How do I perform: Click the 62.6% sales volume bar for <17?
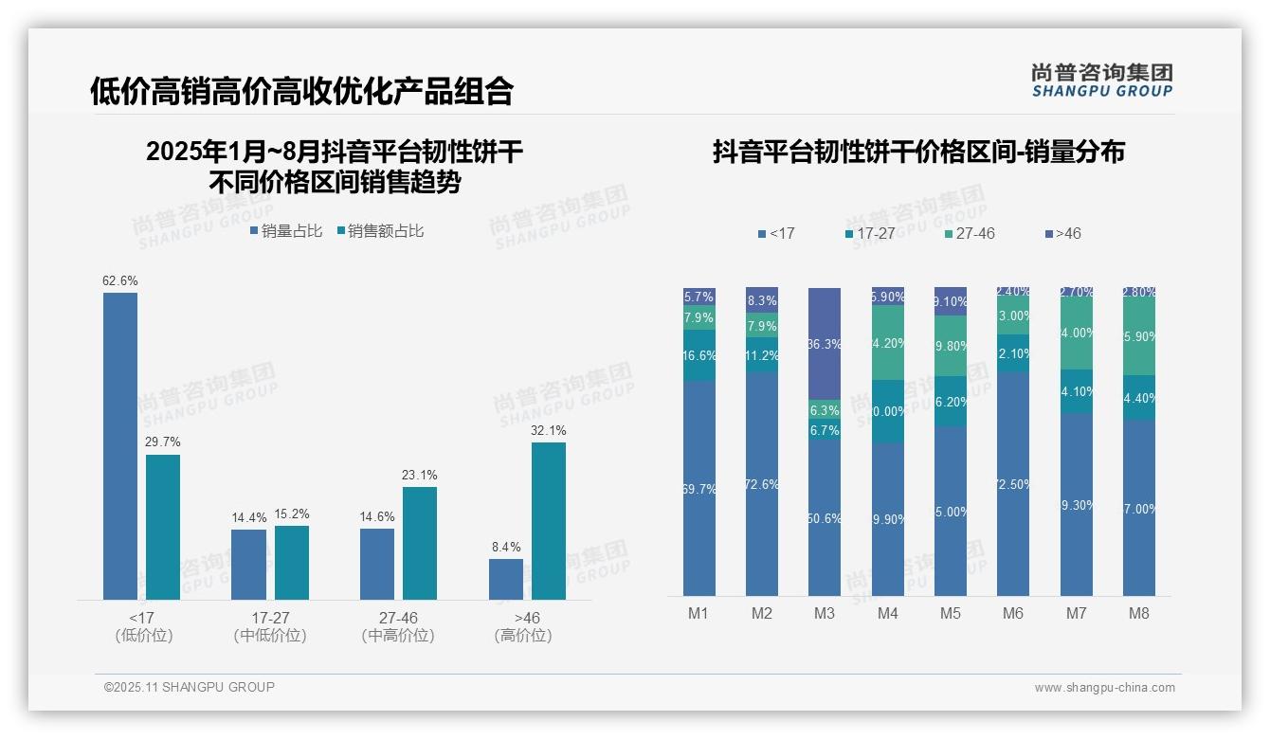click(x=120, y=445)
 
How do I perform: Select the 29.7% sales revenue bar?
click(x=163, y=527)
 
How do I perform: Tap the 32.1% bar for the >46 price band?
click(x=549, y=520)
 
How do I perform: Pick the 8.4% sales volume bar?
click(x=506, y=579)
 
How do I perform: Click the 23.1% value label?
click(x=420, y=476)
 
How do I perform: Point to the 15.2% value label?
click(x=292, y=514)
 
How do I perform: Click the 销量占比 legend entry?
click(x=286, y=231)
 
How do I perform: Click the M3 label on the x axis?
click(x=825, y=613)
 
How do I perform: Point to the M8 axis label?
click(x=1139, y=613)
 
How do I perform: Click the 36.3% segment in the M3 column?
click(x=825, y=343)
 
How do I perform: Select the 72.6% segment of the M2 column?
click(x=762, y=483)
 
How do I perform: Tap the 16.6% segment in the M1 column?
click(x=699, y=355)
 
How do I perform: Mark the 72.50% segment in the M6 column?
click(x=1013, y=483)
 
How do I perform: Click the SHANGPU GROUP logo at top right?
click(x=1102, y=80)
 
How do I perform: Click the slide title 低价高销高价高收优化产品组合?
click(x=301, y=91)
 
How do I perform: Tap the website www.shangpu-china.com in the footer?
click(x=1104, y=688)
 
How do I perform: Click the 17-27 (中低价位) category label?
click(x=270, y=626)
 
